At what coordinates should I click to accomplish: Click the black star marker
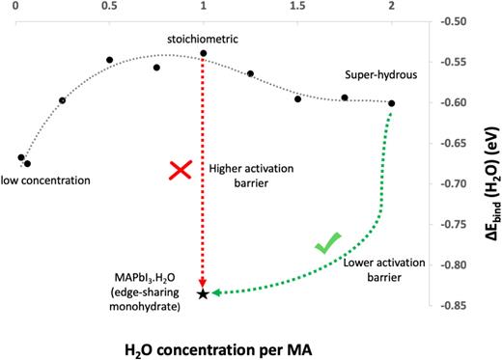[x=203, y=293]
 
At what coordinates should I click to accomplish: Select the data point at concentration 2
[x=391, y=103]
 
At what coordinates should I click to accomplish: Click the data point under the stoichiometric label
[x=204, y=53]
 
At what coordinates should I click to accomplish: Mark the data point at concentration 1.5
[x=297, y=98]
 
